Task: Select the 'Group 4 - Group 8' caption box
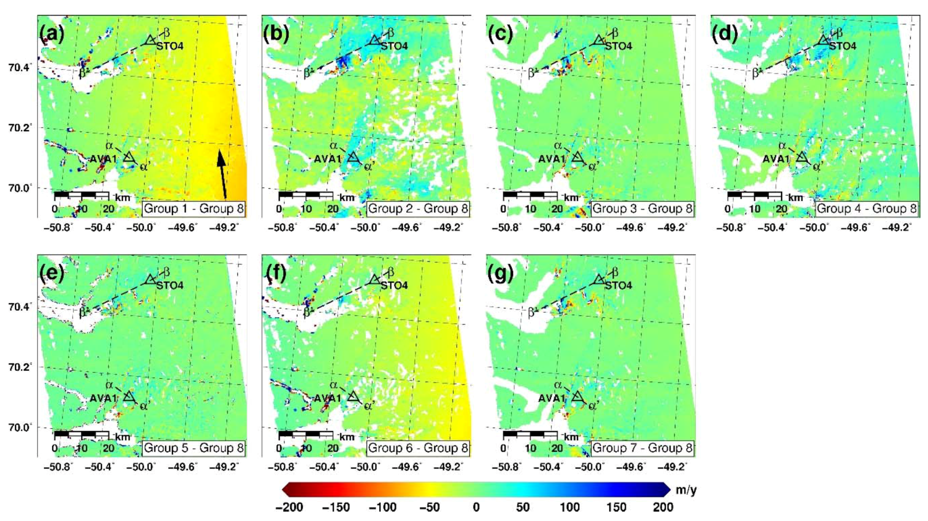click(866, 209)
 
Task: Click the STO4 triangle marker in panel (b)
click(374, 40)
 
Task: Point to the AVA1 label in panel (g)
click(551, 398)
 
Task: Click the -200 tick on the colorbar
click(289, 507)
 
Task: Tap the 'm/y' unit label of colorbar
click(686, 490)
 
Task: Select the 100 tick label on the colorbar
click(570, 507)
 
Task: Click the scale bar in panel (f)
click(306, 434)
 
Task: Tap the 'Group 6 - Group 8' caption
click(418, 448)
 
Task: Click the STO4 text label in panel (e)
click(170, 285)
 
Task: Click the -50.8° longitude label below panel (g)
click(506, 467)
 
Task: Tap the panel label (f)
click(276, 274)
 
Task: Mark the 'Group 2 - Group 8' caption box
click(418, 209)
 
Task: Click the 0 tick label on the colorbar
click(476, 507)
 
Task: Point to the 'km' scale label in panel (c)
click(571, 198)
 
